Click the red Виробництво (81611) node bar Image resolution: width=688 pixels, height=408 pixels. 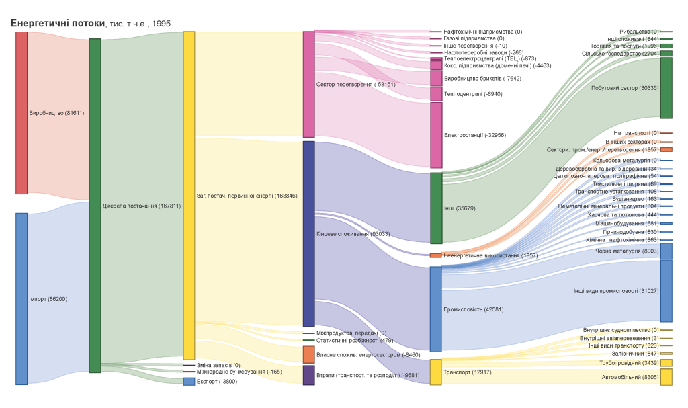(21, 113)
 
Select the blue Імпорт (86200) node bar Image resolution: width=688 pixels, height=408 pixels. (21, 298)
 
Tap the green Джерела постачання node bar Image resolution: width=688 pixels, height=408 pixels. (95, 206)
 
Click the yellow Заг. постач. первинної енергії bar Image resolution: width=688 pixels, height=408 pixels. (189, 196)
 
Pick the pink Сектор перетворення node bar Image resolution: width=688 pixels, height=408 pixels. (308, 84)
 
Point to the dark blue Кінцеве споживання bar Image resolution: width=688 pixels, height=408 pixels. (308, 234)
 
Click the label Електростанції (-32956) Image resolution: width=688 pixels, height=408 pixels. (475, 135)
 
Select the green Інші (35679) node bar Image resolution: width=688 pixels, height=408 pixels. (436, 208)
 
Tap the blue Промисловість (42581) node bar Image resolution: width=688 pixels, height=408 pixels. (436, 309)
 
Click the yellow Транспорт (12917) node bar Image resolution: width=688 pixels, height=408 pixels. (436, 372)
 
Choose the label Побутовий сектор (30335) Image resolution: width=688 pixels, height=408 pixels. (624, 88)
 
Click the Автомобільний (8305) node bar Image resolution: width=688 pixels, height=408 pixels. (666, 377)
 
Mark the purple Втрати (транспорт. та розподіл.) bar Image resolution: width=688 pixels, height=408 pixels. (308, 375)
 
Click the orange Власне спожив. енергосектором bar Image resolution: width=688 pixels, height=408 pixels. (308, 354)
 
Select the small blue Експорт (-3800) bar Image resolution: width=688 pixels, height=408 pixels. (189, 382)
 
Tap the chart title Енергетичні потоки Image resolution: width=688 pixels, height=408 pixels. (58, 24)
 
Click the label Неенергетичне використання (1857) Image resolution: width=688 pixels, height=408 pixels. (490, 255)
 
